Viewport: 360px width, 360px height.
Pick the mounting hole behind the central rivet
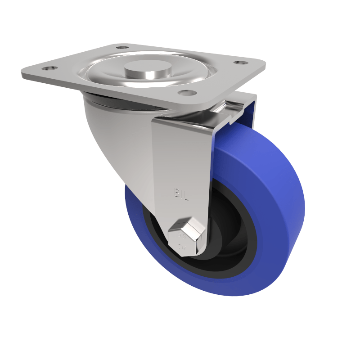tap(122, 47)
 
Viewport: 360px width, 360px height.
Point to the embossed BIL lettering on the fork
tap(180, 194)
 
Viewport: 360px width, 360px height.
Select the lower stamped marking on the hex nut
tap(182, 247)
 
